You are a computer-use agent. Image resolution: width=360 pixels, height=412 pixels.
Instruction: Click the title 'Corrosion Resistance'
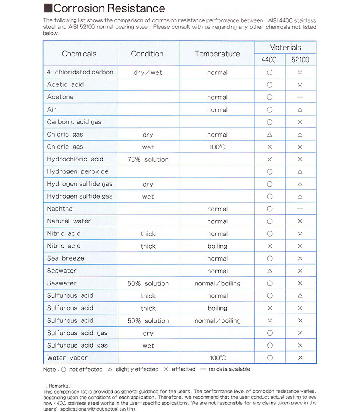[x=109, y=8]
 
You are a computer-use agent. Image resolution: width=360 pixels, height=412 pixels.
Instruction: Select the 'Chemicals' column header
[x=79, y=54]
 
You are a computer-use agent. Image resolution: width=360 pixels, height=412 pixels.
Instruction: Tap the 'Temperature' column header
[x=217, y=54]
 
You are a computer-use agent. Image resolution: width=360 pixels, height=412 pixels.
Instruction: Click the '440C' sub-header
[x=269, y=60]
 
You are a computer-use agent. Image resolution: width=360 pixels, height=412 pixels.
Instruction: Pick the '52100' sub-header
[x=300, y=60]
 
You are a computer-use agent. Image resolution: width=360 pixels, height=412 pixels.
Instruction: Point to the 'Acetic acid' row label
[x=65, y=84]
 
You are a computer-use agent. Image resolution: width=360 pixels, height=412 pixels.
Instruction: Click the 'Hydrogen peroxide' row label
[x=78, y=171]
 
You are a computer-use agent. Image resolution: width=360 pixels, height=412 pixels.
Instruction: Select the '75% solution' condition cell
[x=148, y=159]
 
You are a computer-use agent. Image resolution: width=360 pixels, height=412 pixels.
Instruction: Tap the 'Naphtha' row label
[x=60, y=209]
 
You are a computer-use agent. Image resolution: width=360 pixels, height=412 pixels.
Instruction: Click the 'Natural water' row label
[x=69, y=221]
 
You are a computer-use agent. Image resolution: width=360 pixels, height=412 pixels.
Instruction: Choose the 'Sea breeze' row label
[x=66, y=258]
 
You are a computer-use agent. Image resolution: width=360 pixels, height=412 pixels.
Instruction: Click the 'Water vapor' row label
[x=67, y=358]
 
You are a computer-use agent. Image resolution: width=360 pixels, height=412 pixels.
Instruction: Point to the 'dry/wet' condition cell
[x=148, y=72]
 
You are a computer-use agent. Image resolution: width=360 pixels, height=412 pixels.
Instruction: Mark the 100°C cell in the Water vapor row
[x=218, y=358]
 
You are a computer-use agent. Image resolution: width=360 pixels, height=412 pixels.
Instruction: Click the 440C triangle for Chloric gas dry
[x=270, y=135]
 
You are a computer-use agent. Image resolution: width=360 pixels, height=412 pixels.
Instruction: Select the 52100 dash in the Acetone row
[x=300, y=97]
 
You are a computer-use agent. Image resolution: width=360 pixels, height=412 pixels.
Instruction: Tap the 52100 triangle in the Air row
[x=300, y=110]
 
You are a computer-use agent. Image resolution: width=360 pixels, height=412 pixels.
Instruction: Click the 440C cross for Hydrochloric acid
[x=270, y=159]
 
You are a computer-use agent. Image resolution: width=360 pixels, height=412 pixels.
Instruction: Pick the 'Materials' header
[x=285, y=47]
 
